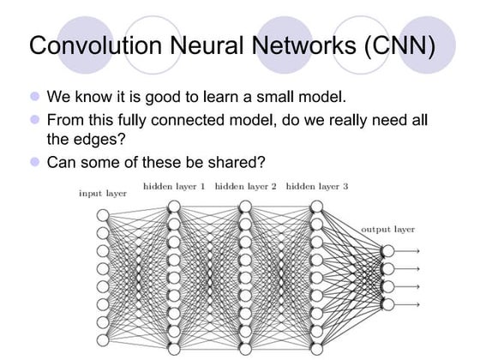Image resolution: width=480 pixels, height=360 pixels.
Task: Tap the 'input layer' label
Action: pos(103,194)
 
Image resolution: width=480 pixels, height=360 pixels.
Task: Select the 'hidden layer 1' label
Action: pos(174,185)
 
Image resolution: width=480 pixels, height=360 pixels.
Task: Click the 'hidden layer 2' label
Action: pos(245,185)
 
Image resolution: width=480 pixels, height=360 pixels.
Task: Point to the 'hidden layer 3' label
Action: pos(316,185)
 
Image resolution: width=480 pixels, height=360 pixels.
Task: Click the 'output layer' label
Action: pos(387,230)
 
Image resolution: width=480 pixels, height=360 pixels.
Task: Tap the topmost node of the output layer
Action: pos(387,250)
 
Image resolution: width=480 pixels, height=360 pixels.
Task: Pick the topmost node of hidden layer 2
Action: pos(245,206)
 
